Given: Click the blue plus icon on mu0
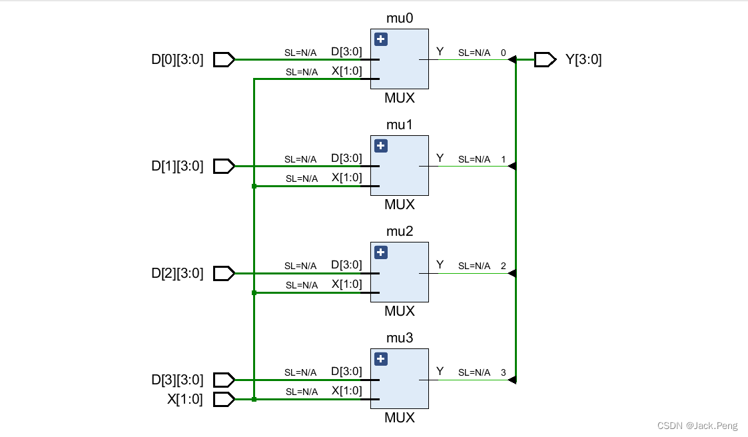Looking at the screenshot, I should click(x=380, y=39).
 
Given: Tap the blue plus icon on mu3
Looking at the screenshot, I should click(x=380, y=359).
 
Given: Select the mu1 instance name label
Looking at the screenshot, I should click(x=400, y=125).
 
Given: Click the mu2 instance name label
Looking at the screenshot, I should click(x=400, y=231).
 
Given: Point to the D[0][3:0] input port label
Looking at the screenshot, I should click(x=177, y=60).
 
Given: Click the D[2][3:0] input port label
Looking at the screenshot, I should click(x=177, y=273).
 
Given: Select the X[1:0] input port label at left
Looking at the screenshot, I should click(x=185, y=400).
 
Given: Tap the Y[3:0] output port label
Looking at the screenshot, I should click(x=583, y=60).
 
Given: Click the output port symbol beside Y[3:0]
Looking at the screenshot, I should click(x=545, y=60).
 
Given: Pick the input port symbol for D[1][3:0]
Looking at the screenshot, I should click(x=224, y=167).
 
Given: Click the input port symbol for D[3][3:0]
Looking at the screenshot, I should click(x=224, y=380).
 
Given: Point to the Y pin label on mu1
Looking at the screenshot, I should click(x=440, y=158).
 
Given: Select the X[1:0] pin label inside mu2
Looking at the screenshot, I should click(x=346, y=284).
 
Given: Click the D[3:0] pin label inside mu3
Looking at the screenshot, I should click(x=346, y=371).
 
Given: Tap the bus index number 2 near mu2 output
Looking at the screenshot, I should click(x=503, y=266).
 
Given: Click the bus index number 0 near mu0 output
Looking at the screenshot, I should click(x=503, y=53).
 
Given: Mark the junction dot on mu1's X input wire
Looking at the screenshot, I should click(x=254, y=187).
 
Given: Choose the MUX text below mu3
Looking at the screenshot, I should click(x=400, y=418).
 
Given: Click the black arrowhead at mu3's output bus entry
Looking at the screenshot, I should click(x=512, y=380).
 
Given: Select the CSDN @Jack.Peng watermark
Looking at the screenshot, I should click(x=699, y=426).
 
